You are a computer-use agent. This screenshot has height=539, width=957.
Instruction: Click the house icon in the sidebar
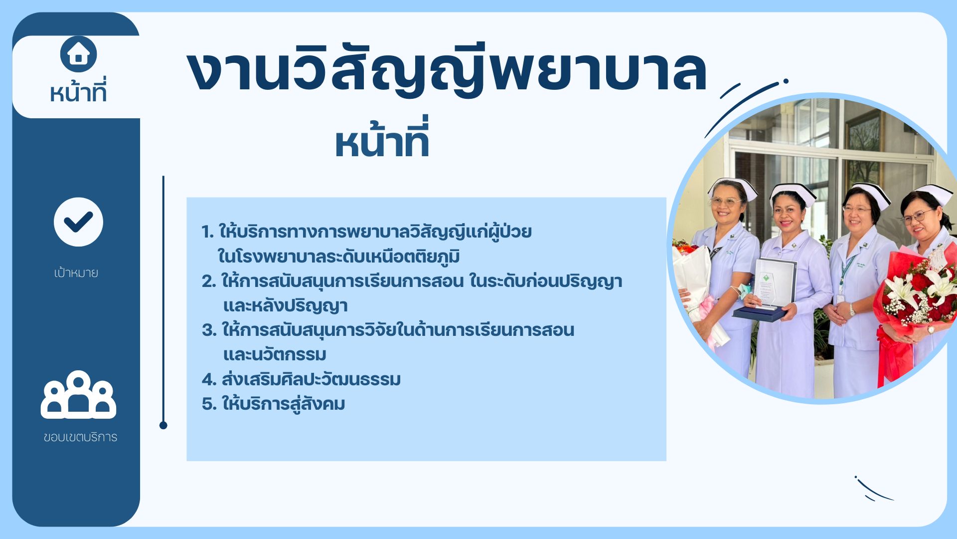coord(78,53)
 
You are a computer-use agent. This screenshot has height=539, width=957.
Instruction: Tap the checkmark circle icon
coord(78,222)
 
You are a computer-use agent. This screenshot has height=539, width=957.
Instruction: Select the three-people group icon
coord(78,395)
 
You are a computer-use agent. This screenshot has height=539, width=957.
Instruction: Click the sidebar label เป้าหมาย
coord(76,272)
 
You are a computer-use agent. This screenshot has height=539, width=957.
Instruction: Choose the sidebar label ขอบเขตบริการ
coord(80,437)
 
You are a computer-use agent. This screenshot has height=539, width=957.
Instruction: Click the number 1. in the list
coord(207,232)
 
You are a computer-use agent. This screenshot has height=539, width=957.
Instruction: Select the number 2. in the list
coord(209,281)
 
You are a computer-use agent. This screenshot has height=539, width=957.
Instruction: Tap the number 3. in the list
coord(209,330)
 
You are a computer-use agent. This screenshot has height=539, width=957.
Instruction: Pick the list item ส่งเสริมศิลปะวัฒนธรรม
coord(311,379)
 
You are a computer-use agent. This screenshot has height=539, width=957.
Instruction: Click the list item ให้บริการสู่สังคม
coord(283,404)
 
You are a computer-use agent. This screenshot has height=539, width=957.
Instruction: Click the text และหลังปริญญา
coord(285,306)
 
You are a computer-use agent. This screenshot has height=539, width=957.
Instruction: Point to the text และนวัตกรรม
coord(275,355)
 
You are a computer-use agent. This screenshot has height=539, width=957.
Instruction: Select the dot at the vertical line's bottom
coord(163,425)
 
